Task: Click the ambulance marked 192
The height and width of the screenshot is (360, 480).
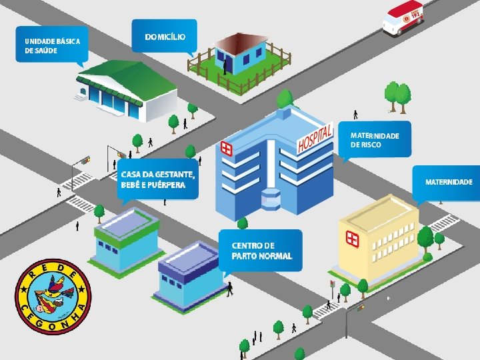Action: [x=404, y=17]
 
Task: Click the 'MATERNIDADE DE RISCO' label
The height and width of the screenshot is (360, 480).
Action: [x=375, y=139]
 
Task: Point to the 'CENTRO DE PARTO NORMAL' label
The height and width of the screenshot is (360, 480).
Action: [x=261, y=250]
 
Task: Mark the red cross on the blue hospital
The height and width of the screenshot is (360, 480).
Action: [x=227, y=147]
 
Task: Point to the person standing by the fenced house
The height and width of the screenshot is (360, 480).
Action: [x=225, y=66]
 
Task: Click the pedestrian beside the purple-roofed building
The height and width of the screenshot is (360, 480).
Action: [x=230, y=289]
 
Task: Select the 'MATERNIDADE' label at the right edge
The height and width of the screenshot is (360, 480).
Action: [x=449, y=182]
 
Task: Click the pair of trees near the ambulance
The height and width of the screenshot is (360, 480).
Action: [x=398, y=97]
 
